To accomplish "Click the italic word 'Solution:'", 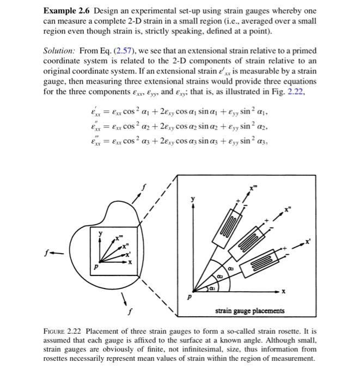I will (59, 51).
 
